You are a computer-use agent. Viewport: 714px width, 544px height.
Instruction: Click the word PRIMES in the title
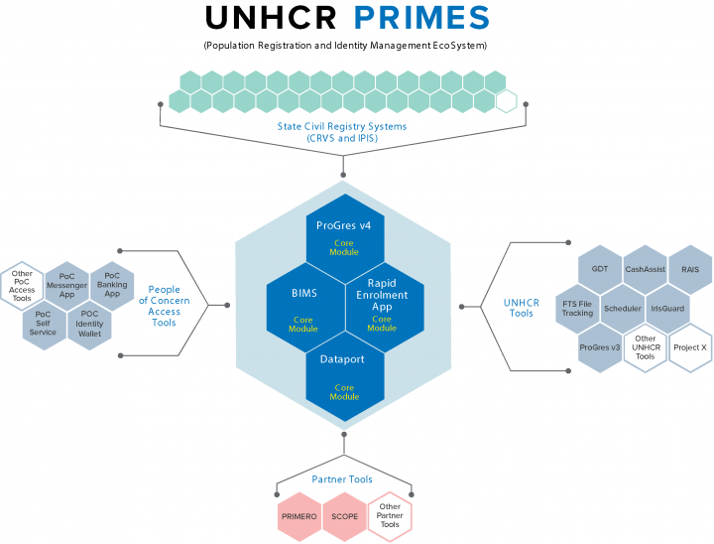[420, 18]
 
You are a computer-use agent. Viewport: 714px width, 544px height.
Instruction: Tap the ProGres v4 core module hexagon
[344, 233]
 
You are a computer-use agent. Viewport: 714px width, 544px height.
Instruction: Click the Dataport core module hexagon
[344, 374]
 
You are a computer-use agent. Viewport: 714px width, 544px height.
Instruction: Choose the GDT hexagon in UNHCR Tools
[599, 269]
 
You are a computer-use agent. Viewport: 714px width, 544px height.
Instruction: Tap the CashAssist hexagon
[645, 269]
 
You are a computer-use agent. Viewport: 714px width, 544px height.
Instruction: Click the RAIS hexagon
[690, 269]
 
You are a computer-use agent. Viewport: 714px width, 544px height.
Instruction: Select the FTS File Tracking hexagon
[576, 308]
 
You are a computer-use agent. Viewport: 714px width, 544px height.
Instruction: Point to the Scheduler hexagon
[622, 308]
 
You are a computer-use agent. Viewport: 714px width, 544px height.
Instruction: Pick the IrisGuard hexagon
[667, 308]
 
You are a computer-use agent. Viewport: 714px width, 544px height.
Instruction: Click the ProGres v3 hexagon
[599, 347]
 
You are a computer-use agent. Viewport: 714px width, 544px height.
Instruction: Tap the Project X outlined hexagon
[690, 347]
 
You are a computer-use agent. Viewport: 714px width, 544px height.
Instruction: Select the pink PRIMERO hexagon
[299, 517]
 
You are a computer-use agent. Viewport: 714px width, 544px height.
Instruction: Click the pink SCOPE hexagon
[345, 517]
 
